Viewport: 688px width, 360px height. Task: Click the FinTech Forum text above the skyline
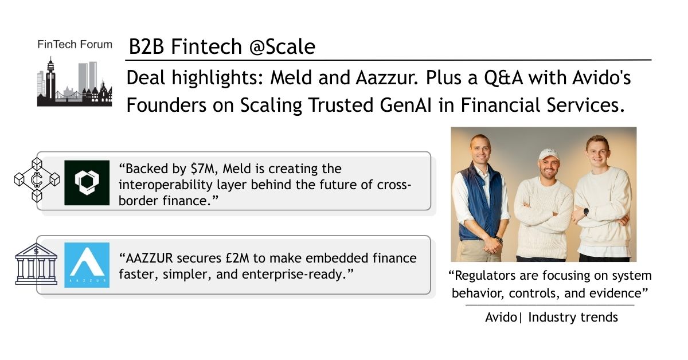[x=75, y=45]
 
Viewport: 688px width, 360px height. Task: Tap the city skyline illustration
[x=75, y=82]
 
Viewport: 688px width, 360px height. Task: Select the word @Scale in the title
[x=282, y=46]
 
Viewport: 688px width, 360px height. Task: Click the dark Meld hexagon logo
[x=87, y=183]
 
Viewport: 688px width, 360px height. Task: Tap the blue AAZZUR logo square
[x=87, y=265]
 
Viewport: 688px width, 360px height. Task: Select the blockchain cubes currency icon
[x=37, y=180]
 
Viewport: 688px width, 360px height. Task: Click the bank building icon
[x=36, y=264]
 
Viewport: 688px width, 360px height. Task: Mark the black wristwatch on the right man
[x=586, y=212]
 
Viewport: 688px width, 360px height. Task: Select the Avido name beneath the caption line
[x=501, y=318]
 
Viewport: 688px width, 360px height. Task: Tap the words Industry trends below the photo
[x=573, y=318]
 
